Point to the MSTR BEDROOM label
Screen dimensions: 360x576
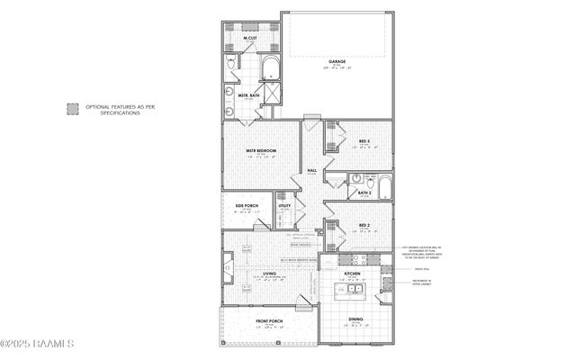coord(262,150)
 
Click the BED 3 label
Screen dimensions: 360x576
coord(364,142)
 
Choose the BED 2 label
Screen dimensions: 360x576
coord(364,225)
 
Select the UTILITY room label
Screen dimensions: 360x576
coord(284,206)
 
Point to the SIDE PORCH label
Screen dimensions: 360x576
coord(247,206)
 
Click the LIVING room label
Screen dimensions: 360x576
coord(269,273)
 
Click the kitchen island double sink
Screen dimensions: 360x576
coord(355,289)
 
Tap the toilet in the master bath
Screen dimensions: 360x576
coord(232,63)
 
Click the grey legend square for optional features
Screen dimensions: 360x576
coord(71,109)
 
